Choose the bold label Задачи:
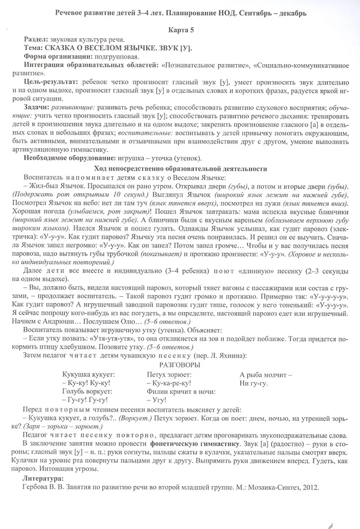pyautogui.click(x=38, y=110)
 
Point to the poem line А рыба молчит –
pyautogui.click(x=266, y=374)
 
